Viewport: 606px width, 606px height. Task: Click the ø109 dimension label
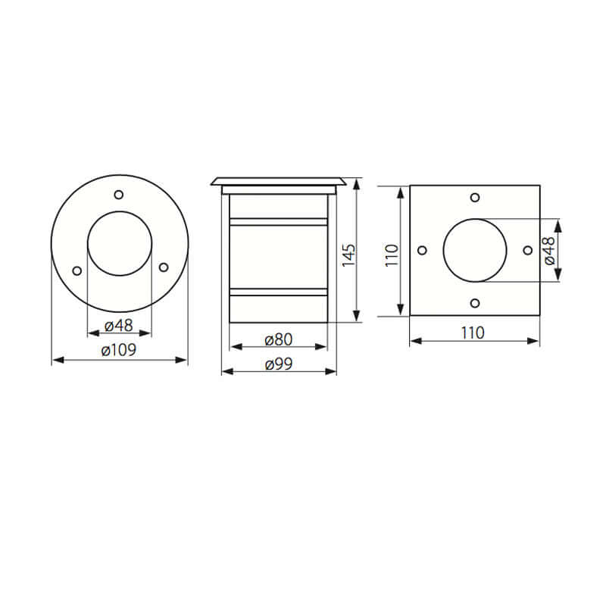(119, 349)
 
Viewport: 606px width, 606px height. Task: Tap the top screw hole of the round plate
(119, 195)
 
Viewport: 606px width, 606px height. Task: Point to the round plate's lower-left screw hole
(76, 269)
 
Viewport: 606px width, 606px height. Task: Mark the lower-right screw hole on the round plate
(163, 267)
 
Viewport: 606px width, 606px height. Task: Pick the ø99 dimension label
(279, 364)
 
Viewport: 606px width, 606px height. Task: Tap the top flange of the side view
(279, 182)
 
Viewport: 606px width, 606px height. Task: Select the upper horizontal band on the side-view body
(278, 223)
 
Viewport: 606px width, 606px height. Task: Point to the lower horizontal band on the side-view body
(278, 292)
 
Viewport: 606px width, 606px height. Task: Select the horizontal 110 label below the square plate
(474, 331)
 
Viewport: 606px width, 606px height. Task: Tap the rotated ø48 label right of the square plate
(549, 250)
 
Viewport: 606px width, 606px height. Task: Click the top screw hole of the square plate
(475, 197)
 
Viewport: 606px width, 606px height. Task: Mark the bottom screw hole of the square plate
(475, 303)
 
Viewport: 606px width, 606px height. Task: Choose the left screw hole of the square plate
(422, 250)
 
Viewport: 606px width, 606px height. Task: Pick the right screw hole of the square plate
(527, 250)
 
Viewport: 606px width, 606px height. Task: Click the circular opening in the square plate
(475, 250)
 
